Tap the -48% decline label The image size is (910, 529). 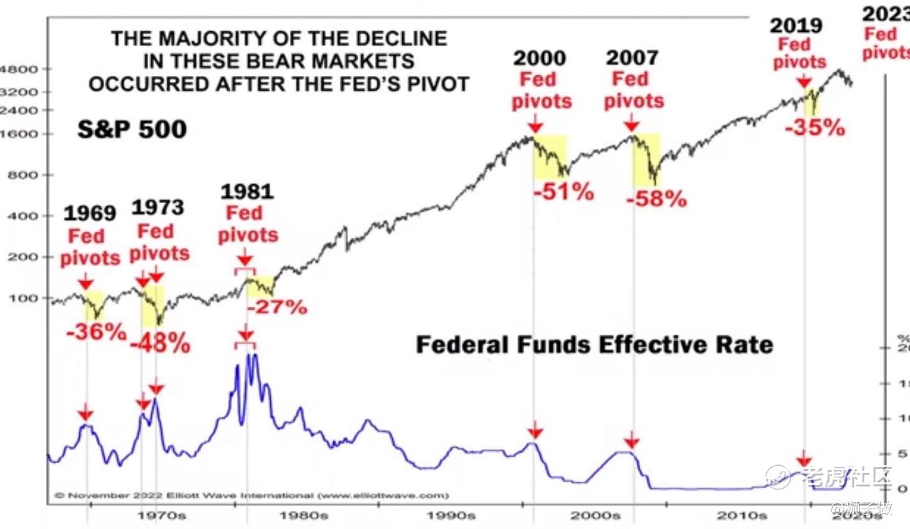[160, 343]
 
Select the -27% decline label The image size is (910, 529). [277, 307]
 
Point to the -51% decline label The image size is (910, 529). [563, 192]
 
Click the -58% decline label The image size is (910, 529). [656, 199]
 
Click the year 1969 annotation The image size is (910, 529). [89, 213]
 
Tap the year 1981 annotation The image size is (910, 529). [246, 191]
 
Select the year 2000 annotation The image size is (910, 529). [540, 58]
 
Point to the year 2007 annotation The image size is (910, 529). [632, 58]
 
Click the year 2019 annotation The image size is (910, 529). [796, 26]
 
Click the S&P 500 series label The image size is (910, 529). [132, 130]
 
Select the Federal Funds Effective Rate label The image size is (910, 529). [594, 345]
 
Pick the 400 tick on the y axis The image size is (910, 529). [24, 216]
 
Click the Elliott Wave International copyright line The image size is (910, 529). [252, 495]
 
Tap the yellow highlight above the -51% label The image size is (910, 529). [550, 156]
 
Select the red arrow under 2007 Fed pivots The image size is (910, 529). [632, 121]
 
